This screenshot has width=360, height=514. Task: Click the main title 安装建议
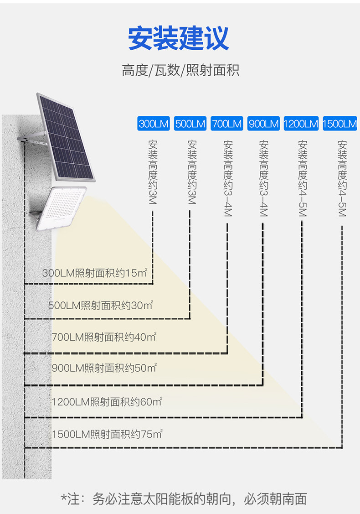(178, 38)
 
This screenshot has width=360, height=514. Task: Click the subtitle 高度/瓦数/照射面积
(180, 70)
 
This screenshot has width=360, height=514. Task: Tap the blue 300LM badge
(153, 124)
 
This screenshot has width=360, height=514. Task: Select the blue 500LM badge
(190, 124)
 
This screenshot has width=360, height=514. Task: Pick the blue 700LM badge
(226, 124)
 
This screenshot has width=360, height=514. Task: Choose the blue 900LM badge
(263, 124)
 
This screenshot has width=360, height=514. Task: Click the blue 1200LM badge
(301, 124)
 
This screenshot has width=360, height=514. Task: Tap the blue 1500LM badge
(339, 124)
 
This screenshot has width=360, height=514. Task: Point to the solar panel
(66, 137)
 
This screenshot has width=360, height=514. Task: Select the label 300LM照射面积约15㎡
(95, 273)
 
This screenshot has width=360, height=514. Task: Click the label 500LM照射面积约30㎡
(101, 305)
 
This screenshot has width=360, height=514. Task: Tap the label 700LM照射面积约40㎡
(104, 337)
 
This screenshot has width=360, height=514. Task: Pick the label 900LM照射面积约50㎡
(104, 368)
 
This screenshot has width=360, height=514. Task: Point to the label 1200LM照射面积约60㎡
(107, 401)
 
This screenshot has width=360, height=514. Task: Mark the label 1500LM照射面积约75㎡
(107, 434)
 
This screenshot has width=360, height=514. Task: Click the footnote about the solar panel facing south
(184, 498)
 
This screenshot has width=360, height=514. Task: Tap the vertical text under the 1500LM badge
(342, 178)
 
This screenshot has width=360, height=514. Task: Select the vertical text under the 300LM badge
(153, 172)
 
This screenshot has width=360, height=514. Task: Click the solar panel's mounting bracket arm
(32, 137)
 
